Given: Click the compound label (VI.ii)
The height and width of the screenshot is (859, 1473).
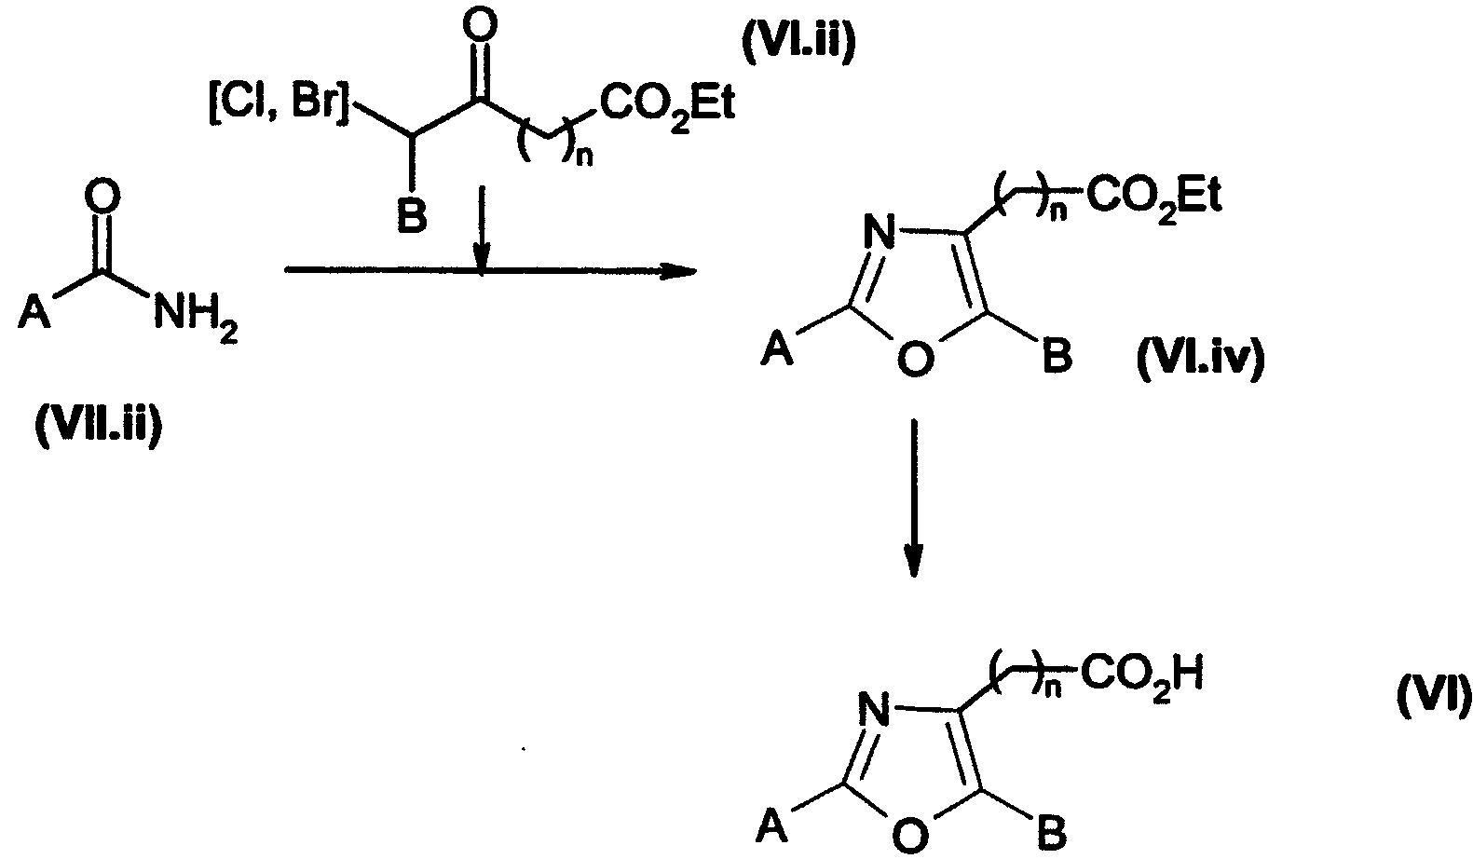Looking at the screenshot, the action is coord(799,43).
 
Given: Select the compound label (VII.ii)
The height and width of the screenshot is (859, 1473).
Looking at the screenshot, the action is coord(98,428).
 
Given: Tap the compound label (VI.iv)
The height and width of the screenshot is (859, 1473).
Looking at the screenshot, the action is coord(1200,360).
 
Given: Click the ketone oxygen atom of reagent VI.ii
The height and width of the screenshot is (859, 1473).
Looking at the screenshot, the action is coord(480,26).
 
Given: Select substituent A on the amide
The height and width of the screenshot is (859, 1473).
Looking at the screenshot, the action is coord(34,311).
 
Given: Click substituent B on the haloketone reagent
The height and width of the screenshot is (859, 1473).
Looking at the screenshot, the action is coord(413,216).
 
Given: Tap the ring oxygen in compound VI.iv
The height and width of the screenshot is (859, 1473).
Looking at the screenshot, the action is coord(915,359).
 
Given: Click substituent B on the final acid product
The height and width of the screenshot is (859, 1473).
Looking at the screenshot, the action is coord(1052,833).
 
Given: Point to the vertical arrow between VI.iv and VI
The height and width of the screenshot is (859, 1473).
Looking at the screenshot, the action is coord(914,498).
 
